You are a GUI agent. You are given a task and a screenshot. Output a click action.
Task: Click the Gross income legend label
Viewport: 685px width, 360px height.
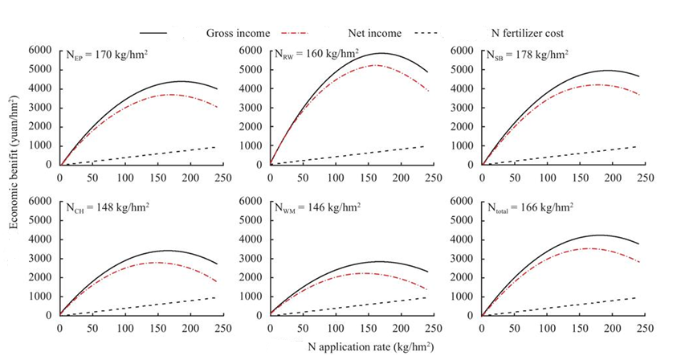click(237, 33)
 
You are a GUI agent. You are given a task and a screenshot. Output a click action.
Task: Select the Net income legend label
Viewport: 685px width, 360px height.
click(376, 33)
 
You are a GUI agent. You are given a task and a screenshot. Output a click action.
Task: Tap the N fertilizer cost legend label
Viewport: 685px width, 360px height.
click(527, 33)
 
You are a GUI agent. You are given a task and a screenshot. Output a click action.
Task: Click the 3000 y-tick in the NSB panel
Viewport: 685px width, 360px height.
click(460, 108)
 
